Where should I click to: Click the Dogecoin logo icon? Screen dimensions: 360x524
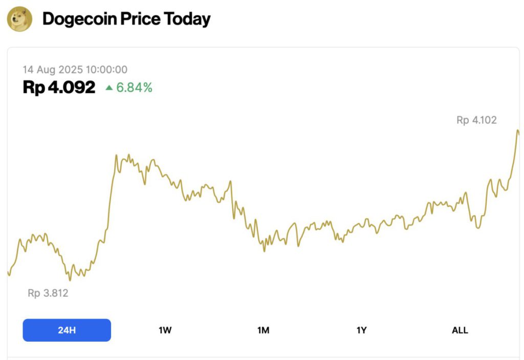(19, 19)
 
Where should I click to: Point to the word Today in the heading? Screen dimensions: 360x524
(187, 19)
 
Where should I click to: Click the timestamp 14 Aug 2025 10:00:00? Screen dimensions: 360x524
(75, 70)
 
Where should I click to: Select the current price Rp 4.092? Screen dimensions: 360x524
(59, 88)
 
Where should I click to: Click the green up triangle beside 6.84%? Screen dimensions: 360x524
(109, 88)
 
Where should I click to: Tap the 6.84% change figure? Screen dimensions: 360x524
(134, 88)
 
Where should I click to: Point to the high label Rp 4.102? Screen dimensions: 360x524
(476, 120)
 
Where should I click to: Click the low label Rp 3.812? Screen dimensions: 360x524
(48, 293)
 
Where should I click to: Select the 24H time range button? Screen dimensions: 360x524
(67, 330)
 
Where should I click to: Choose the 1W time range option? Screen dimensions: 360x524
(165, 330)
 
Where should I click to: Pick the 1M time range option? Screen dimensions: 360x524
(263, 330)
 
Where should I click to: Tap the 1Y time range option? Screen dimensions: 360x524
(361, 330)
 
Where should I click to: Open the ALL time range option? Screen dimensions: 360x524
(460, 330)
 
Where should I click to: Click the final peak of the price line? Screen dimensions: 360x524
(518, 131)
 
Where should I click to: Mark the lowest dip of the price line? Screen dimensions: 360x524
(70, 280)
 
